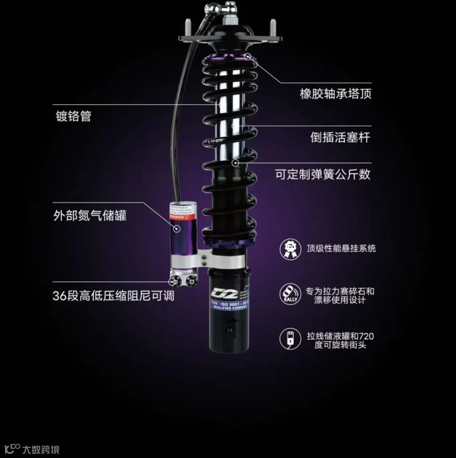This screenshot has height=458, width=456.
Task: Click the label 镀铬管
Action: tap(73, 116)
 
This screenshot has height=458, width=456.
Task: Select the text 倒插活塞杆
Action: tap(340, 137)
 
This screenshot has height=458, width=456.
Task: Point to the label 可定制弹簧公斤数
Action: tap(323, 174)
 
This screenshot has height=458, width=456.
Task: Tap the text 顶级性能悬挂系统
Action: tap(341, 249)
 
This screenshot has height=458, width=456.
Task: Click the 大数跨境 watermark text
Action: tap(41, 449)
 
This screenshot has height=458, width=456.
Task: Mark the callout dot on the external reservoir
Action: tap(177, 229)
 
